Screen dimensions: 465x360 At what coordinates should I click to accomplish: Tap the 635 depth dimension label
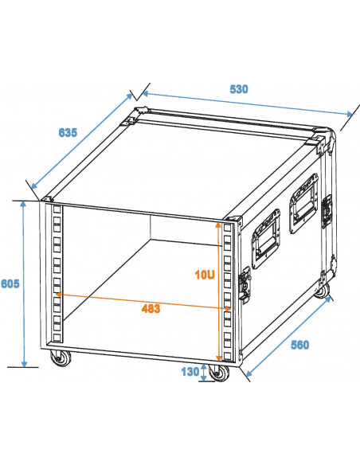coord(68,132)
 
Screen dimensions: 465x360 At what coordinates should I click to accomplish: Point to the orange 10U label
coord(204,274)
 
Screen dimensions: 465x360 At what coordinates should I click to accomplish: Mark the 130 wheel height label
coord(189,370)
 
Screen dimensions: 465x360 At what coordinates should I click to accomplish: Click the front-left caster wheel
coord(59,359)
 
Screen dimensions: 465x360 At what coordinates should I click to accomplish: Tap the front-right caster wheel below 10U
coord(221,373)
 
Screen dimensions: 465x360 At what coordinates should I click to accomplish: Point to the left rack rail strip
coord(56,279)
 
